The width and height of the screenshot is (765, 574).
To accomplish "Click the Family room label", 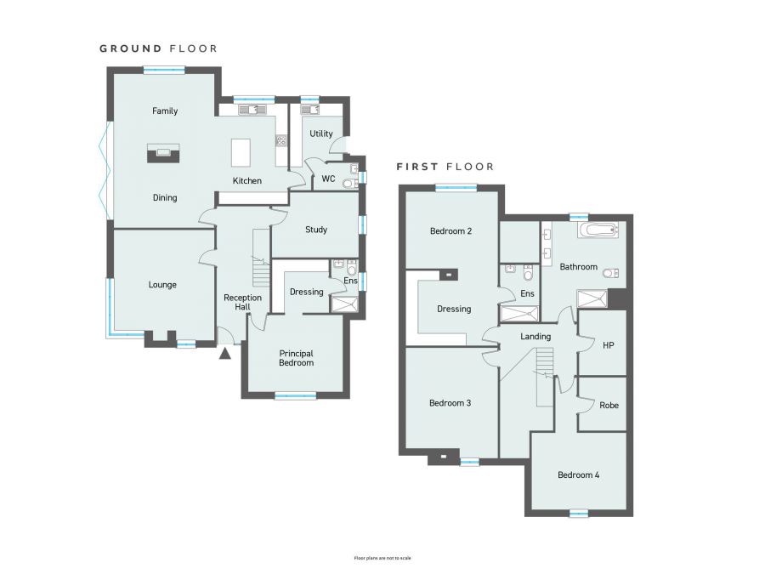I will coord(165,111).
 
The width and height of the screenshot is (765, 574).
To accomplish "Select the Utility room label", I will coord(321,134).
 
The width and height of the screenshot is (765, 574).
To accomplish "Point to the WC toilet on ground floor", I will coord(349,183).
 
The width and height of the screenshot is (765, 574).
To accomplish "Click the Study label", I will coord(316,230).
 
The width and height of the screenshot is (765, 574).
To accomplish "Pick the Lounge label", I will coord(162,285).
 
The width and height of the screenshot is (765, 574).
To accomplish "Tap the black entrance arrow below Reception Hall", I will coord(225,353).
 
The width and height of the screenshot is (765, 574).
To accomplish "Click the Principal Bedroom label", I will coord(296,358).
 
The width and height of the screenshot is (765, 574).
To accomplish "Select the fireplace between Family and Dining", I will coord(164,152).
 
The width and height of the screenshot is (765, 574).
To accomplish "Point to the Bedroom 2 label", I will coord(450,231).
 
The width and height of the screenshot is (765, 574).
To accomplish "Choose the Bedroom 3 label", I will coord(450,403).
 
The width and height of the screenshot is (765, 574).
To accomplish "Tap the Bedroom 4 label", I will coord(579,475).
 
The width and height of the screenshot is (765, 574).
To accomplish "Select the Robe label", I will coord(609,406).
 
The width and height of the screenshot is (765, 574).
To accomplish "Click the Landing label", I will coord(535,337).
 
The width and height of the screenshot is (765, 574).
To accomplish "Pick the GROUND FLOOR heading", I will coord(158,48).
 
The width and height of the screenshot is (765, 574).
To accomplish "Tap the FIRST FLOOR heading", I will coord(445,167).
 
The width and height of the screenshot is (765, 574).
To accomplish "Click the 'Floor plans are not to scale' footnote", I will coord(382,558).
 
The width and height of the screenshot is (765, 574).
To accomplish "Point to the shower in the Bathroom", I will coord(592,298).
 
